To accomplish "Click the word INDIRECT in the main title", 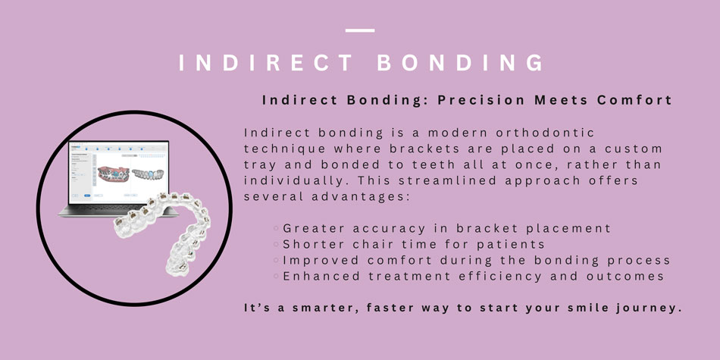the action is (266, 63).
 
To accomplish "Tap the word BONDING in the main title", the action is (460, 63).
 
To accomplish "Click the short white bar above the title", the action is (360, 30).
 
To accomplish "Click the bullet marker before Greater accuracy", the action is (276, 228).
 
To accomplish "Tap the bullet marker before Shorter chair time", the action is (276, 244).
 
